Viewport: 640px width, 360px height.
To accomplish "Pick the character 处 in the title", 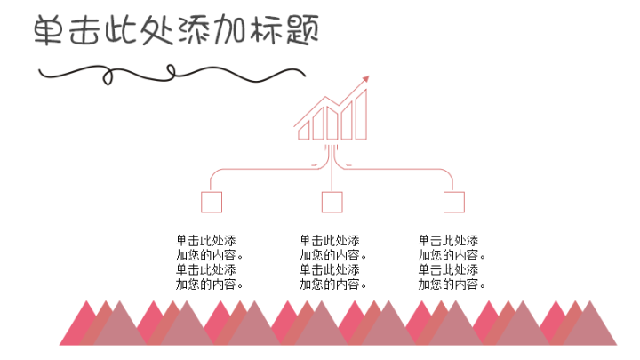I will (x=157, y=32).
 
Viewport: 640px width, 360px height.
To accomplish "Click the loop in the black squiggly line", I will (x=109, y=73).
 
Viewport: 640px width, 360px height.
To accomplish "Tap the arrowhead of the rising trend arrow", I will (x=364, y=81).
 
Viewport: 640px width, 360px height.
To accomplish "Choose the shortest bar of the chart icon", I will (x=304, y=132).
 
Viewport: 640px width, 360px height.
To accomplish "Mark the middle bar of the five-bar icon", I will (x=332, y=124).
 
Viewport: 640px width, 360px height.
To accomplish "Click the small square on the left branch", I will (x=212, y=203).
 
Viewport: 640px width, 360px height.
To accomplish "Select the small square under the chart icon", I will (x=332, y=203).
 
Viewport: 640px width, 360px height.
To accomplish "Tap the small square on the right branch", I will (x=454, y=203).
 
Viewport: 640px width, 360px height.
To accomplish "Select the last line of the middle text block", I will (x=333, y=284).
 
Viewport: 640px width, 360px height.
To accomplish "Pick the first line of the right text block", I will (x=448, y=241).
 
